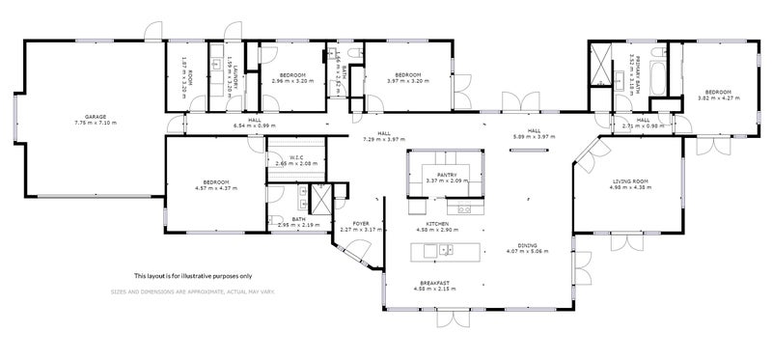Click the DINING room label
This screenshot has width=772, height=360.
pyautogui.click(x=527, y=245)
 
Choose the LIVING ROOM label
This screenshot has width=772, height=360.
pyautogui.click(x=629, y=180)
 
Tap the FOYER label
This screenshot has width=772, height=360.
pyautogui.click(x=362, y=223)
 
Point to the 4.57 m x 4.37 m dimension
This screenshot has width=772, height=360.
pyautogui.click(x=216, y=186)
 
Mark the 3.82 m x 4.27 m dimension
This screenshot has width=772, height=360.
pyautogui.click(x=717, y=97)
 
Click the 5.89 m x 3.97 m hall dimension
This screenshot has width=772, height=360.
pyautogui.click(x=534, y=137)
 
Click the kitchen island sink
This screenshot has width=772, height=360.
pyautogui.click(x=445, y=250)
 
